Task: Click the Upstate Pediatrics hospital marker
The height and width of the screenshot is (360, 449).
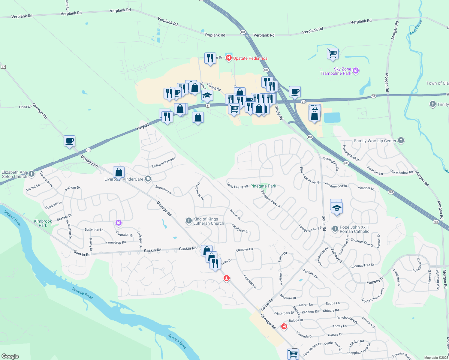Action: point(228,58)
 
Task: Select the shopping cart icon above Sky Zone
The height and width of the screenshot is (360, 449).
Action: point(333,54)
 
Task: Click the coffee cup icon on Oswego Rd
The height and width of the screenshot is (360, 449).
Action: point(69,141)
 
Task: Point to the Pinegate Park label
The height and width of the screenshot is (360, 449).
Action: point(263,186)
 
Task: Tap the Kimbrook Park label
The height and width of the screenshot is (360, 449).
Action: point(43,223)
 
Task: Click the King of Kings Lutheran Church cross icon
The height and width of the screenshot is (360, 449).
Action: point(188,221)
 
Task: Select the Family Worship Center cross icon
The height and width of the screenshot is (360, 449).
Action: point(401,140)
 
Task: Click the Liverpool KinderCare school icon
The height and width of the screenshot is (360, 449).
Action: point(148,179)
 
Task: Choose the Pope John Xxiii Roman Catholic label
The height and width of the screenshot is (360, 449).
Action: point(354,229)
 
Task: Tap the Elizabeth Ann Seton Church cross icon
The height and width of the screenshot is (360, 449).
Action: point(32,174)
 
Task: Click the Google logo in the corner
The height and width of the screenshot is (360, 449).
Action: point(10,356)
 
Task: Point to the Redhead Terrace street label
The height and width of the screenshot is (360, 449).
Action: point(163,162)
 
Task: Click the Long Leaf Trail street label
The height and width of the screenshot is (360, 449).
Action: point(237,186)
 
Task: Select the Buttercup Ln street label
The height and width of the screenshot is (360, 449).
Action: point(94,229)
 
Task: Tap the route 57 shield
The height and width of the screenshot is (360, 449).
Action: point(3,67)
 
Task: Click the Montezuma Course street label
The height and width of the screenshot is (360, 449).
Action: point(373,295)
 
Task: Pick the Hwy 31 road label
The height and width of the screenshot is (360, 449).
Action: point(143,126)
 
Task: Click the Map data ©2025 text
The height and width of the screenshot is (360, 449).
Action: point(436,357)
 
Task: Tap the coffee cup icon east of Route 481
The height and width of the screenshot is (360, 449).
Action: point(295,92)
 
